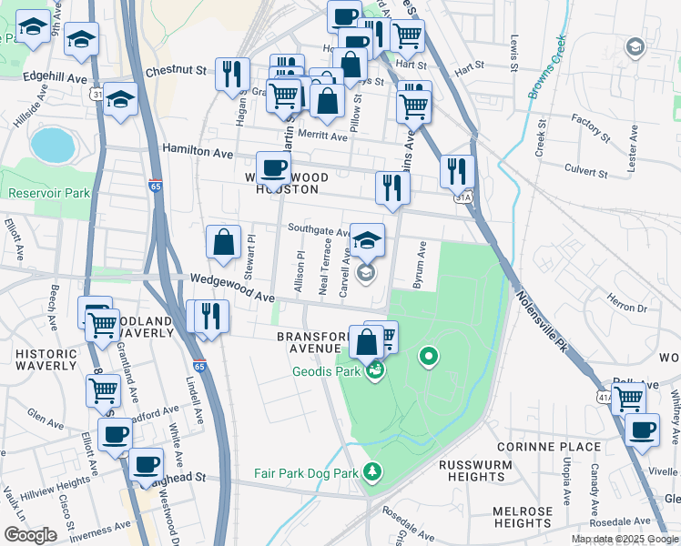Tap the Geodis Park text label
[328, 371]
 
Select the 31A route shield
[463, 196]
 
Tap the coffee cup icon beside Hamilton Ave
[273, 169]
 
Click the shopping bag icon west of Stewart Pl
[223, 242]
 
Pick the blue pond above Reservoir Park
[52, 144]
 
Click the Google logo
[31, 535]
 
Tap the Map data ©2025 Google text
[625, 539]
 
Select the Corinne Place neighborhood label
[549, 447]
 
